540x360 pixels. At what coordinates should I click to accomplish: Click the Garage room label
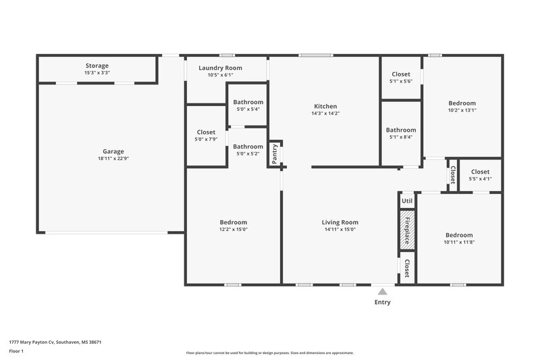113,151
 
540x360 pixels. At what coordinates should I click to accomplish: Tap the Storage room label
97,66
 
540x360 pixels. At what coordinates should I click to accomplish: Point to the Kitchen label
325,106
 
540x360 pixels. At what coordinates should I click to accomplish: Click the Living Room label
340,222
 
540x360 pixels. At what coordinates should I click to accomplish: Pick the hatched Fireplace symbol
407,229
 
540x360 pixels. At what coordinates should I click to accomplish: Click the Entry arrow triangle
383,292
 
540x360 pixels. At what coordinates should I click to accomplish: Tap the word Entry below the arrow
383,302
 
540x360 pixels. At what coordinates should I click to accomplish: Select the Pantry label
275,153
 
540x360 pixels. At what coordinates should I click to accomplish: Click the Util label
407,201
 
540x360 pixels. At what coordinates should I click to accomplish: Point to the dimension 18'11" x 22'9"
113,160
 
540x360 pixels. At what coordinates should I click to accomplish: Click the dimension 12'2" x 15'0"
233,230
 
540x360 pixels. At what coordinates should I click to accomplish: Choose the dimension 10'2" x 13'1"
462,111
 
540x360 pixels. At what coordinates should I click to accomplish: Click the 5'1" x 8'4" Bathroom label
401,130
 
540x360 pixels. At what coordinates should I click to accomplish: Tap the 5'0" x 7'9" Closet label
206,132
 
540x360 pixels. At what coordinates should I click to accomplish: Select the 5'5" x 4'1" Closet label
480,172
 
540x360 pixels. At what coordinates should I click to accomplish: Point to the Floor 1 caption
16,352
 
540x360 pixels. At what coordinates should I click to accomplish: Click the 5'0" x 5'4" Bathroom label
248,102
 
